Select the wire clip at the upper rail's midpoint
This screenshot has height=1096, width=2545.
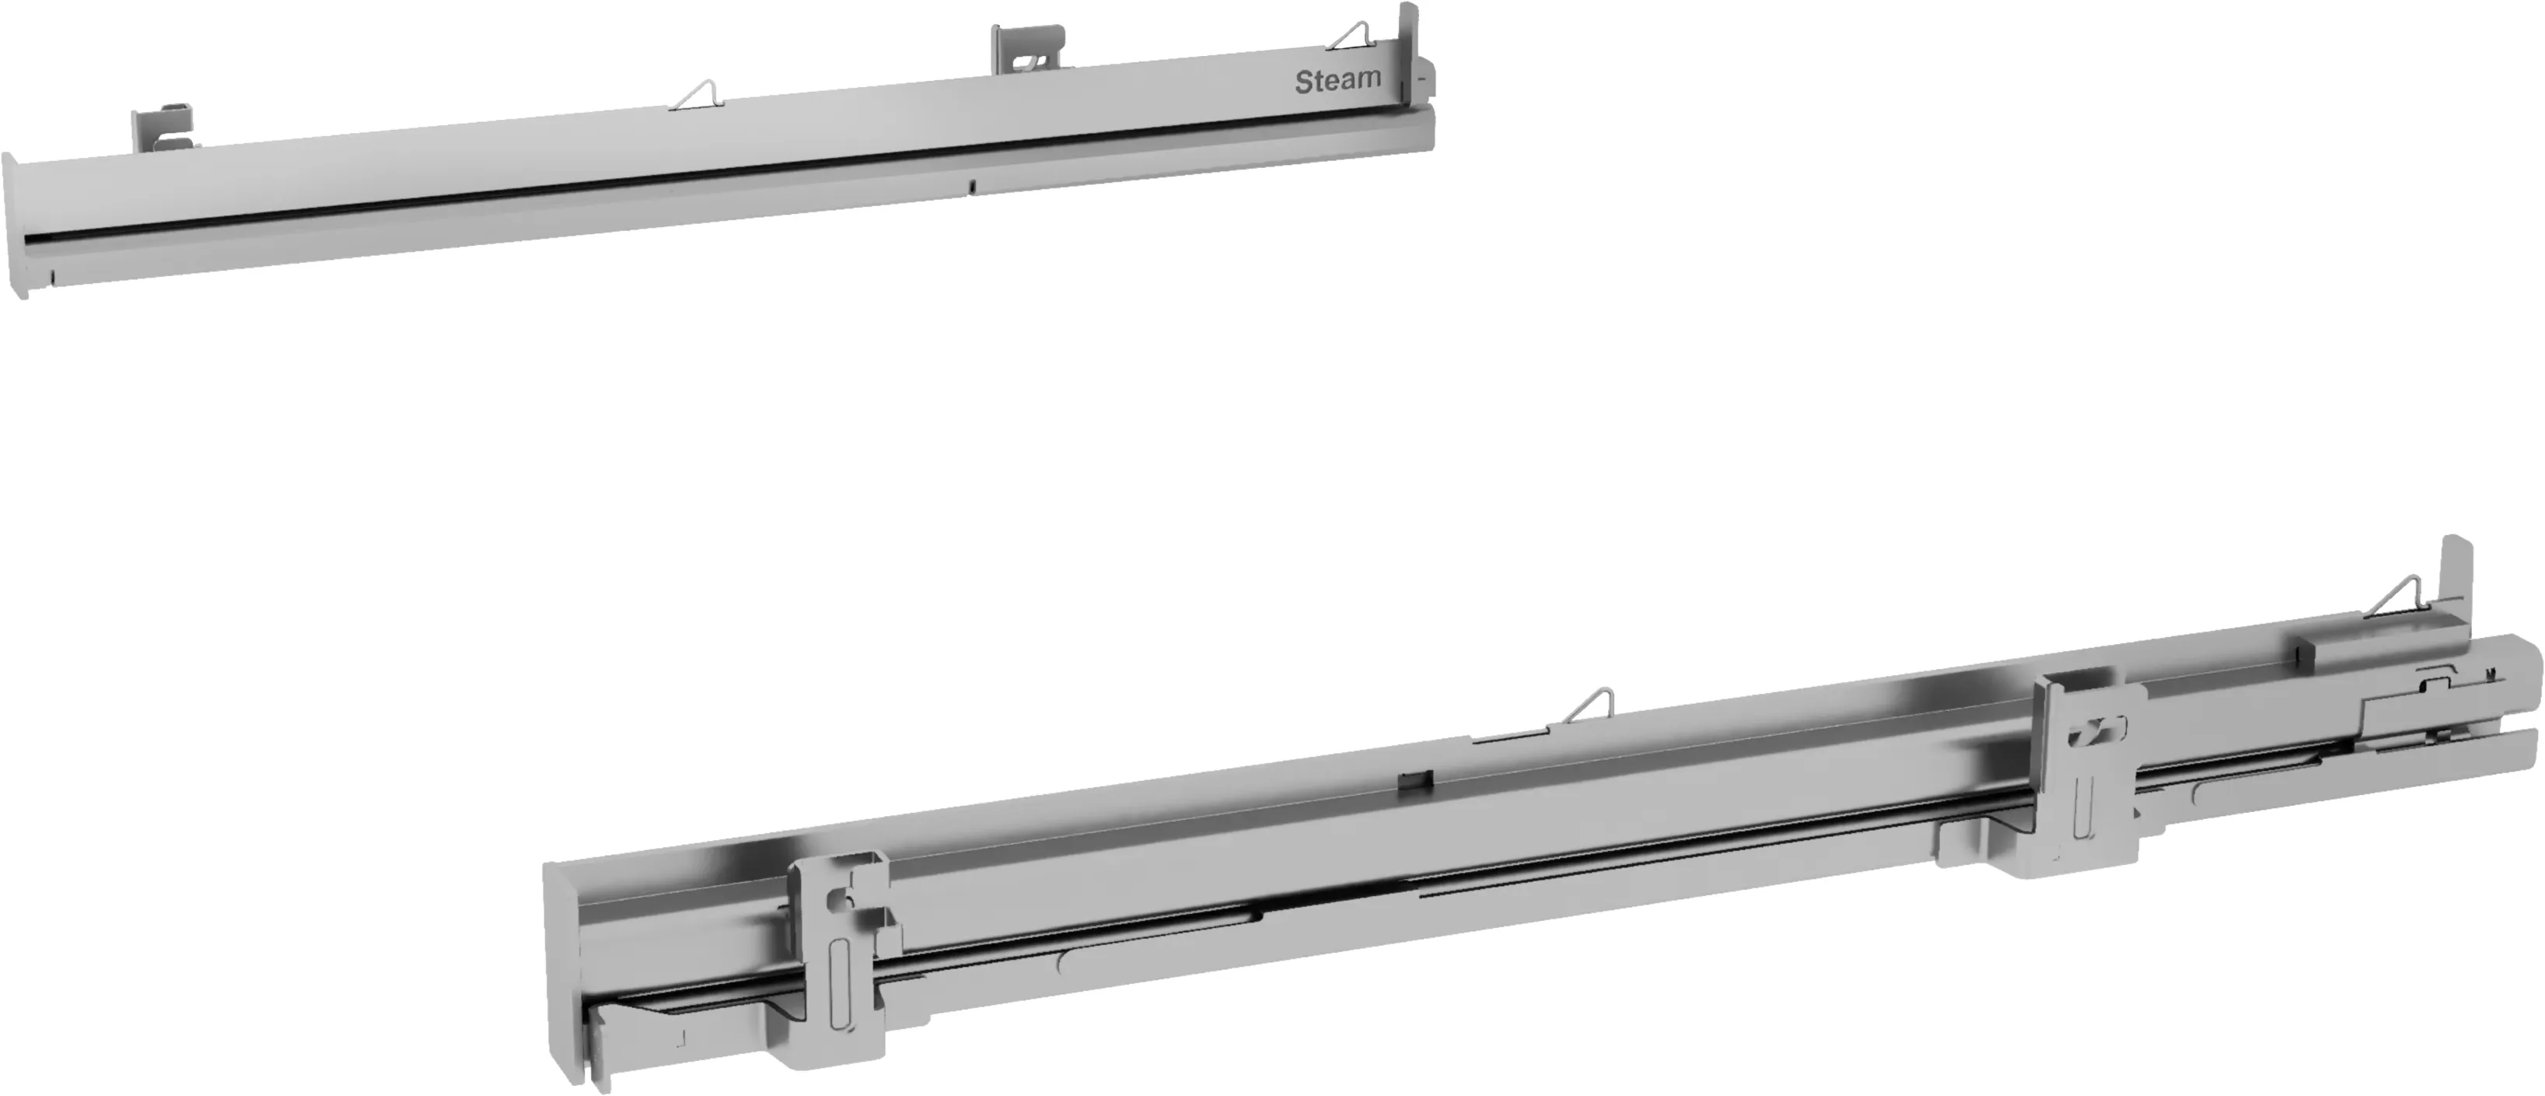697,95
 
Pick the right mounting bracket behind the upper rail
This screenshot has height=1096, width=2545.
1027,48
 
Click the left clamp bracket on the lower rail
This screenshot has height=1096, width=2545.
839,949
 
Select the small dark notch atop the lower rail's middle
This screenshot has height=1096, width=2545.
1413,779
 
